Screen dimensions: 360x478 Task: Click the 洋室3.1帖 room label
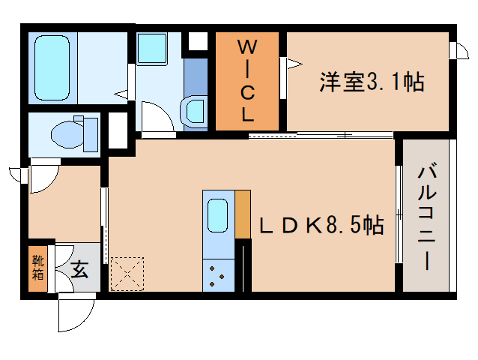pos(372,82)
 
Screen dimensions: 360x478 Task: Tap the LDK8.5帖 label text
pos(321,224)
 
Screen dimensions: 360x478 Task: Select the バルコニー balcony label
pos(426,217)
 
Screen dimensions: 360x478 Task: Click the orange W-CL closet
pos(247,81)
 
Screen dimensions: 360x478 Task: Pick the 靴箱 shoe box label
pos(37,268)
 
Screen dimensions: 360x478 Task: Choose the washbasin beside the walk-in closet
pos(195,110)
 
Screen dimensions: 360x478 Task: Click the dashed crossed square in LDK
pos(127,273)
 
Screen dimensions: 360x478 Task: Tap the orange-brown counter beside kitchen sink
pos(242,213)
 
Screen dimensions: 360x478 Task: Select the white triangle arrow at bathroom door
pos(121,95)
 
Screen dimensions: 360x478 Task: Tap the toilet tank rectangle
pos(91,133)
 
